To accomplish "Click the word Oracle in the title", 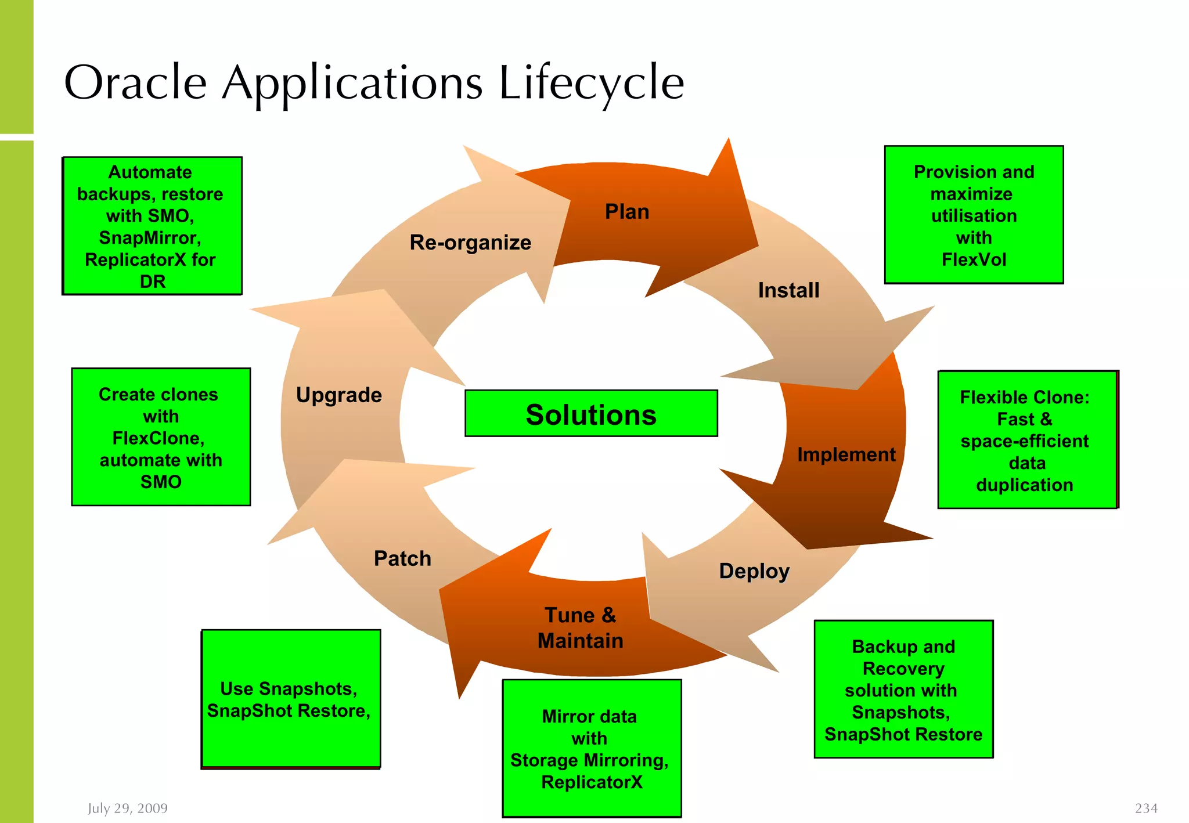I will point(135,83).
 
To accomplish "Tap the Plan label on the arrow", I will point(626,212).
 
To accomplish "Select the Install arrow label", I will point(788,290).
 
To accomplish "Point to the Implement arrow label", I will point(846,454).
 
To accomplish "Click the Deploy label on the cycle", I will point(754,571).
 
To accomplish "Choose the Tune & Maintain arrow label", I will point(580,628).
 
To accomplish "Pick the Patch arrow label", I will point(402,558).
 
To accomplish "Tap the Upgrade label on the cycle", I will point(339,395).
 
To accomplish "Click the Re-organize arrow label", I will point(470,243).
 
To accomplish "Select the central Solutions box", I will point(591,414).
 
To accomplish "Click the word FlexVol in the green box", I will point(974,259).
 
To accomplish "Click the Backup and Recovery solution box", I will point(903,690).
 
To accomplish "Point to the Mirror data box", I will point(591,749).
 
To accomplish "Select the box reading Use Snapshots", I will point(290,699).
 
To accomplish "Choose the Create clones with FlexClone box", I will point(161,438).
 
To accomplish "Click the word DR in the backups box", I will point(153,282).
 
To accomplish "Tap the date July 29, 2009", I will point(128,808).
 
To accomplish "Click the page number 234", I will point(1145,808).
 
